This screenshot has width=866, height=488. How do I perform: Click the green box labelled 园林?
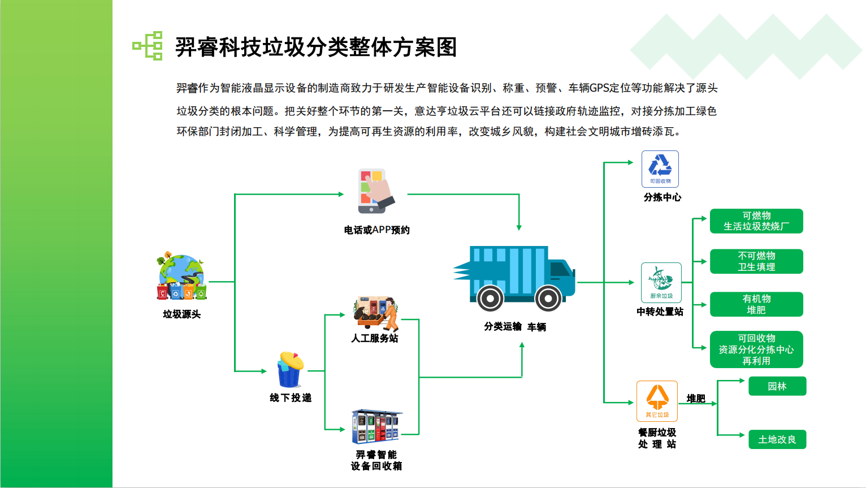point(777,386)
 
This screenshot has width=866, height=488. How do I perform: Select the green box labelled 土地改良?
point(777,439)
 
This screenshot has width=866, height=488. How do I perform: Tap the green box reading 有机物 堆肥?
point(756,304)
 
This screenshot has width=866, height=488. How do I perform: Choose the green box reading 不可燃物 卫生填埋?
point(756,261)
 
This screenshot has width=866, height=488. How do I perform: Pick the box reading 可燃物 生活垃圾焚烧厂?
point(756,221)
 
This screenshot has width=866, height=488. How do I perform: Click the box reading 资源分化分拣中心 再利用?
point(756,349)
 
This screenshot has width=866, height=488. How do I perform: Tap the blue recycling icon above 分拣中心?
point(660,169)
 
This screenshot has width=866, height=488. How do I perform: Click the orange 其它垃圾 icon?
point(657,401)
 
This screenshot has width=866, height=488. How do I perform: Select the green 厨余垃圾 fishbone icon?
point(661,282)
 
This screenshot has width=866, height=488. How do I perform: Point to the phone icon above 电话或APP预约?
point(374,191)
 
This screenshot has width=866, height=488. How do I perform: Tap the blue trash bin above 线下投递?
point(290,370)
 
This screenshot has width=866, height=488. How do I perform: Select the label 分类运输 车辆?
point(514,327)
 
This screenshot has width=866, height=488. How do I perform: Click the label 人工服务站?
point(374,338)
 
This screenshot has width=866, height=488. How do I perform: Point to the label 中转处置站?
point(660,312)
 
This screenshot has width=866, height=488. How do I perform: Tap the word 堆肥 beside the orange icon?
point(696,399)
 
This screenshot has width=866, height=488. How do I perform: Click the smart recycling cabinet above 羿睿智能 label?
point(376,427)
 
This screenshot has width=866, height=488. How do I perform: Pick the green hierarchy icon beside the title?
point(148,46)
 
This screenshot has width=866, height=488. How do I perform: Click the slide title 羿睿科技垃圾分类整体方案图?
point(316,47)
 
